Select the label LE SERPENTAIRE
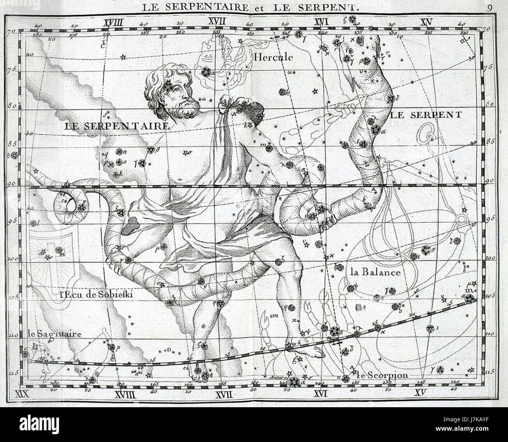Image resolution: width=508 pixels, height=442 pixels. pyautogui.click(x=117, y=126)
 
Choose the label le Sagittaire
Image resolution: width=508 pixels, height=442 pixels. pyautogui.click(x=54, y=334)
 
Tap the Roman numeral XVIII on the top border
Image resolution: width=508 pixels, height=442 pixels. pyautogui.click(x=113, y=22)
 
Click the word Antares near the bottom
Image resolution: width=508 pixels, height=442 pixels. pyautogui.click(x=278, y=378)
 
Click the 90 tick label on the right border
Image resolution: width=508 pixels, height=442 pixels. pyautogui.click(x=488, y=181)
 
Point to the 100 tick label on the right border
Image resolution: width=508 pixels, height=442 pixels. pyautogui.click(x=489, y=258)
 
